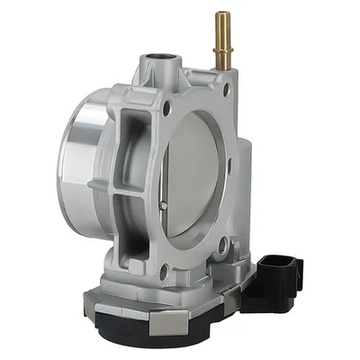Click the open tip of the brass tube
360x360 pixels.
[x=220, y=15]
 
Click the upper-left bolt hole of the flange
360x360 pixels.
[x=166, y=111]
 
